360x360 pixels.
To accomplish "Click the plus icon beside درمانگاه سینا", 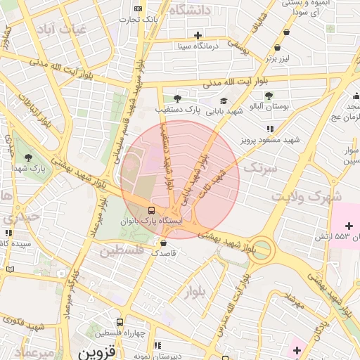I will [x=198, y=34].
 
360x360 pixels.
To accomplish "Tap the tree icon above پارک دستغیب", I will [x=176, y=98].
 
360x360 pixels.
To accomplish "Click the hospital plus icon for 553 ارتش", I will [x=349, y=224].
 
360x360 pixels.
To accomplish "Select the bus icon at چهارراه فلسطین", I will [x=120, y=321].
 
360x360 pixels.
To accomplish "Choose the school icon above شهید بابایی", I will [x=224, y=101].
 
